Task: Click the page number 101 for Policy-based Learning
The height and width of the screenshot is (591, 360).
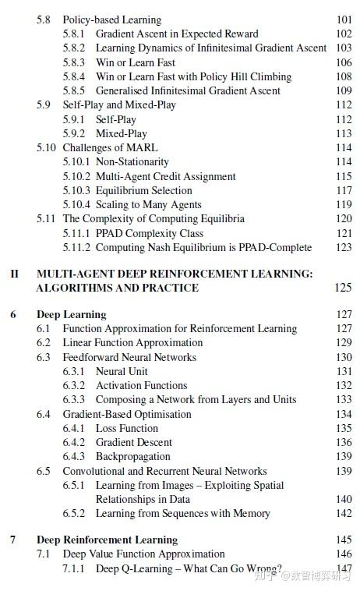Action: [344, 19]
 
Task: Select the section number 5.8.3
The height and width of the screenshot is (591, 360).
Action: [74, 62]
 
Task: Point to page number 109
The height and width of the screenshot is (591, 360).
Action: [344, 90]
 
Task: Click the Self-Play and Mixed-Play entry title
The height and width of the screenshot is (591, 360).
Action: [119, 104]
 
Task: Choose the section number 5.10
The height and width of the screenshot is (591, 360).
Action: [46, 147]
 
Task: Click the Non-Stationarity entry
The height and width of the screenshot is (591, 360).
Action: [132, 161]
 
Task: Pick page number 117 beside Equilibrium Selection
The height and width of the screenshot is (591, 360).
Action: [344, 190]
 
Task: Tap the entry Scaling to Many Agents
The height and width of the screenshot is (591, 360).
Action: [149, 204]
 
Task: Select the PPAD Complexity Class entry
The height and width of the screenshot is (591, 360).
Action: [149, 233]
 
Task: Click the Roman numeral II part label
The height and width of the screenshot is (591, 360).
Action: [14, 274]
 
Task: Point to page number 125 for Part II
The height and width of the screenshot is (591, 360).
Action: [343, 288]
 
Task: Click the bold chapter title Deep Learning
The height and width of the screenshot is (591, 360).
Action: [71, 315]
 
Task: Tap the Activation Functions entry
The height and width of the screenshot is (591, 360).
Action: [141, 385]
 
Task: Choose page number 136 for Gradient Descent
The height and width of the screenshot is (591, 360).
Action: [344, 442]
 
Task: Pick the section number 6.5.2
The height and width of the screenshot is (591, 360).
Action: [74, 513]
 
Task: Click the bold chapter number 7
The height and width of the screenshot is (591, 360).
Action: [13, 540]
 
